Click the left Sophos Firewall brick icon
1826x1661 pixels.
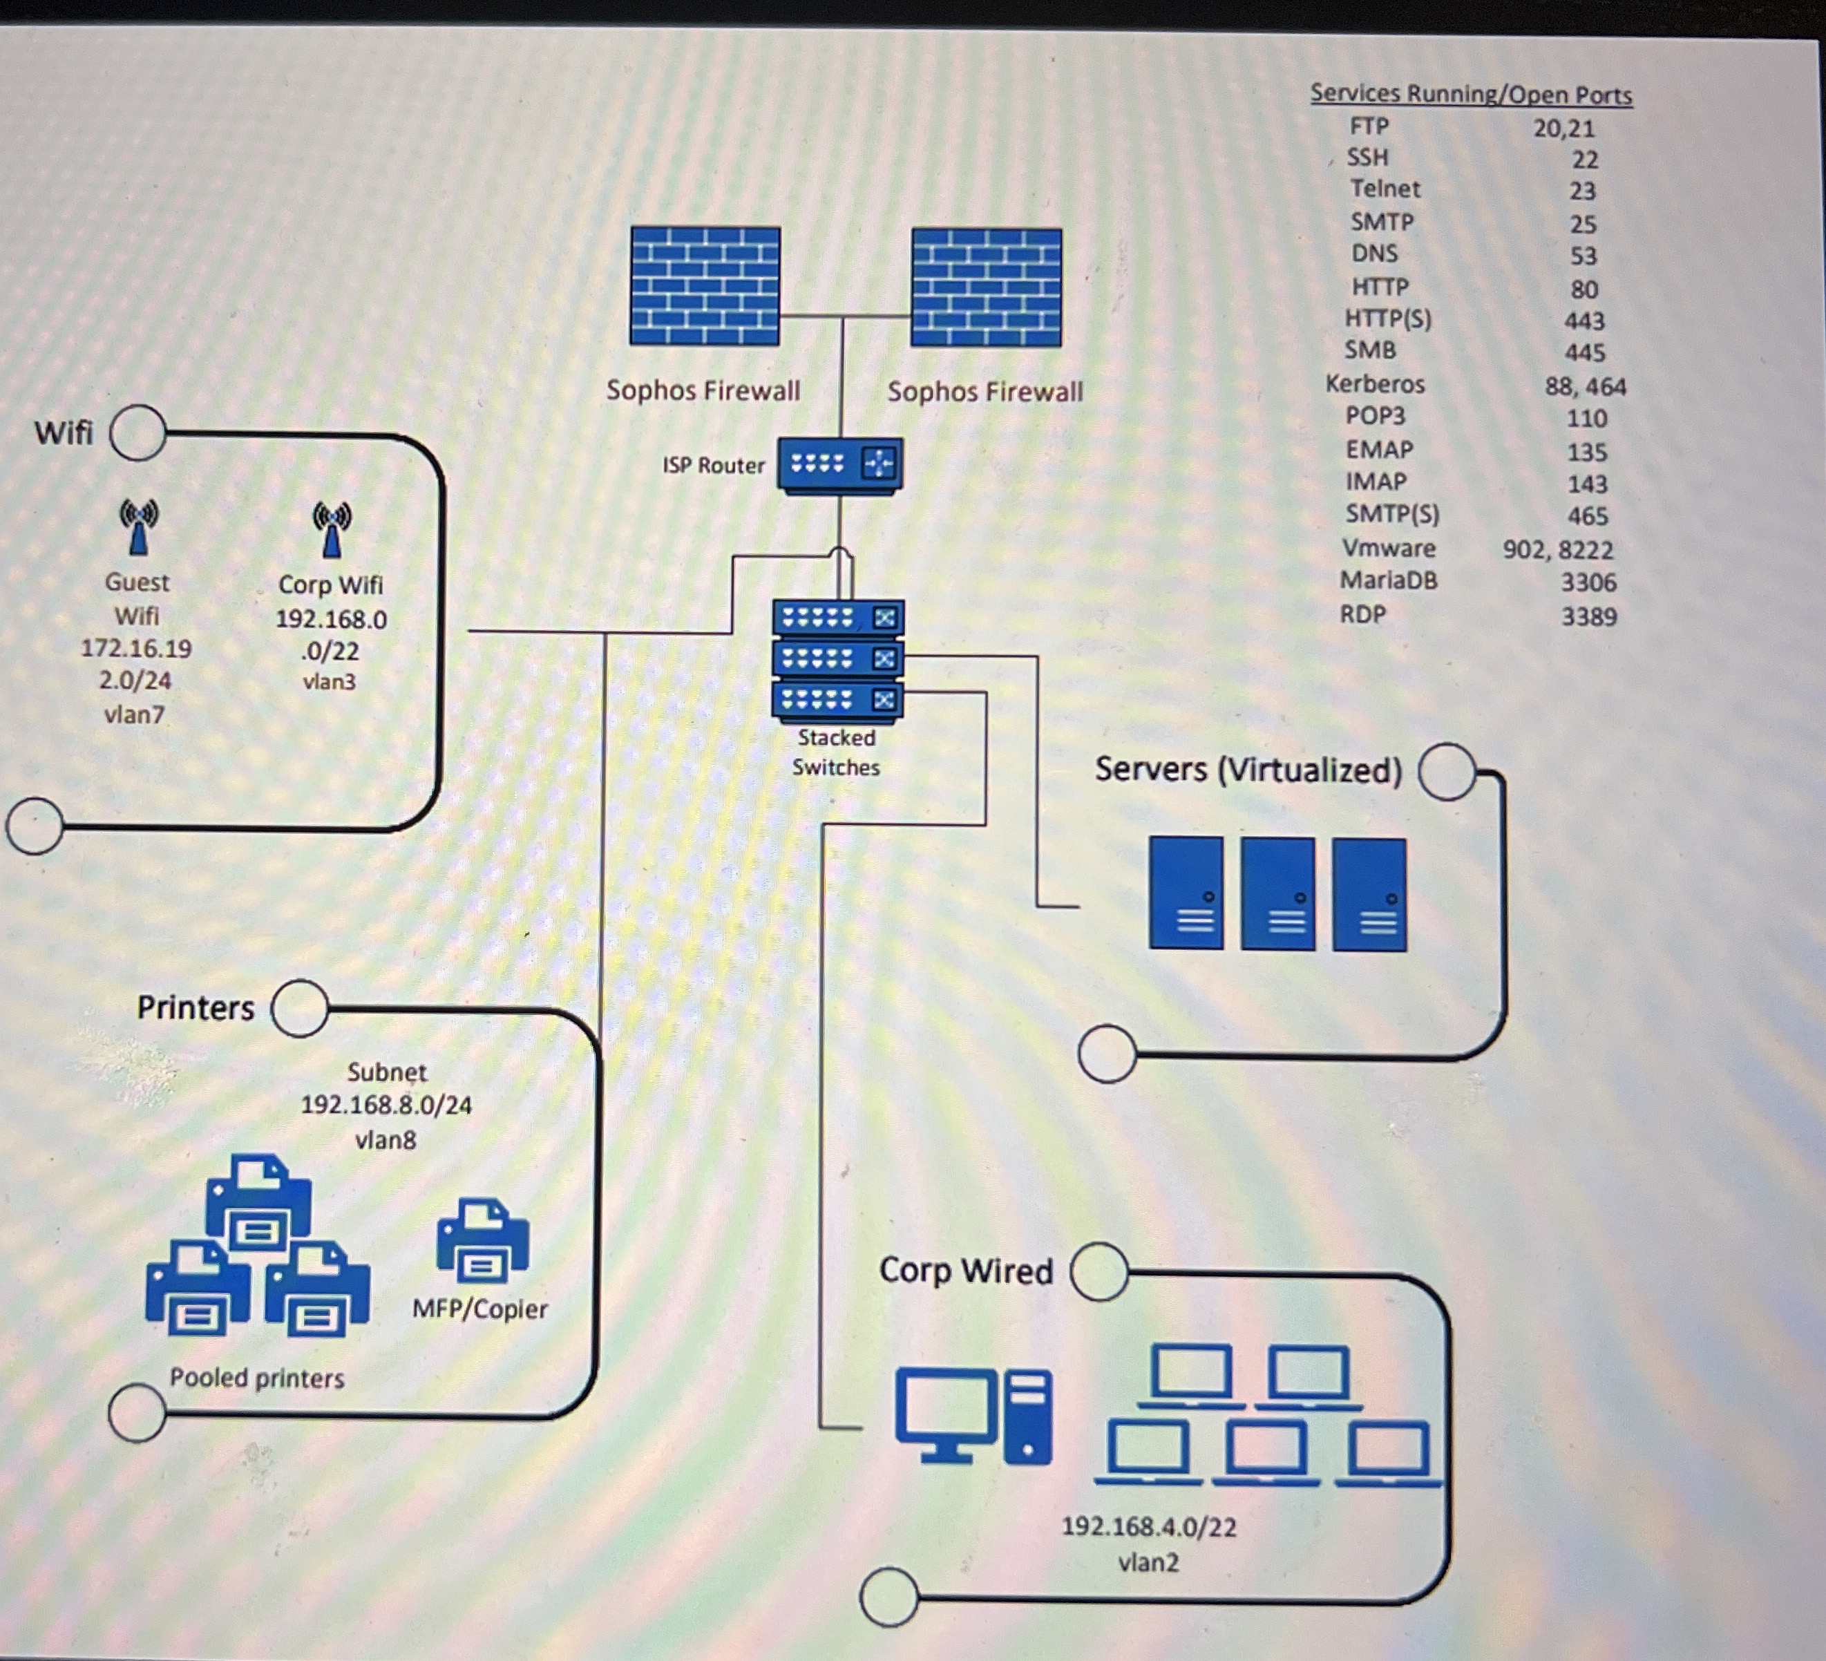(705, 285)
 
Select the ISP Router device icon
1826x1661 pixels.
(839, 464)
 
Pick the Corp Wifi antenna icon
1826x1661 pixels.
(332, 529)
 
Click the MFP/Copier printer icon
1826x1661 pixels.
(482, 1240)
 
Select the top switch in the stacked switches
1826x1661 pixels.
(838, 618)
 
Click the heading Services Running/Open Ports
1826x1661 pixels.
(1470, 94)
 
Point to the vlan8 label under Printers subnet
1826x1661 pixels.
(386, 1139)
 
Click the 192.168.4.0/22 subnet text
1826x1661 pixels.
(1148, 1527)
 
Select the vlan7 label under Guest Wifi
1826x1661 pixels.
(134, 714)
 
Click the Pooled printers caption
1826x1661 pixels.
(257, 1378)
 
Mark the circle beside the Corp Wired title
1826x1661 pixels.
(1099, 1271)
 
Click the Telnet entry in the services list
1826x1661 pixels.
(1385, 189)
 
